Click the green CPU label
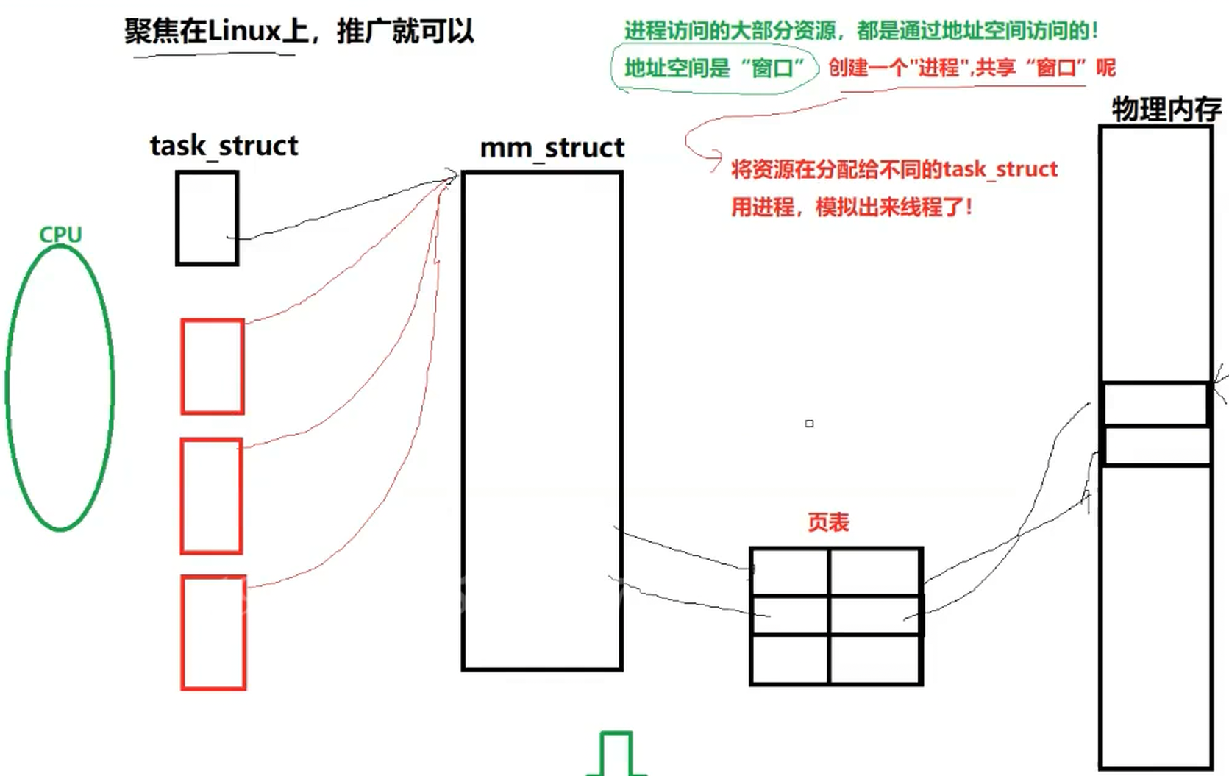pos(60,234)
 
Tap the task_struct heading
pos(224,146)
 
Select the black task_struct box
pos(207,218)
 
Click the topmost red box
pos(213,366)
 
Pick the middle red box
pos(212,496)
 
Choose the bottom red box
pos(213,633)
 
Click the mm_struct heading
pos(552,148)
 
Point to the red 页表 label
pos(828,522)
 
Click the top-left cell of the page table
pos(790,572)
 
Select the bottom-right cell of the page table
pos(875,659)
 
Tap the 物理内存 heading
pos(1166,110)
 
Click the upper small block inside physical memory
pos(1155,404)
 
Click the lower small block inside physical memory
pos(1157,446)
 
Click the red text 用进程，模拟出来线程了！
pos(851,207)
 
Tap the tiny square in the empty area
pos(809,424)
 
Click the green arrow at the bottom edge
pos(616,754)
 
